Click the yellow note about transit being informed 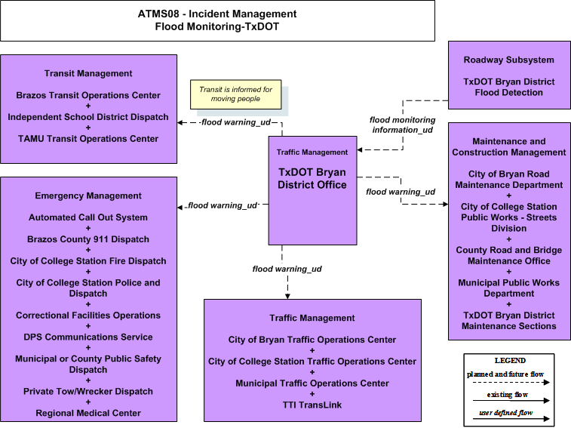(235, 94)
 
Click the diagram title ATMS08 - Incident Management (217, 14)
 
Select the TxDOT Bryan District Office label (312, 178)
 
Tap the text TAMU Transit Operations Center (88, 139)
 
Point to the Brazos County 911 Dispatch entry (88, 239)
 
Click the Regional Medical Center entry (88, 413)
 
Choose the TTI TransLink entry (312, 405)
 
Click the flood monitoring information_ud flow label (402, 125)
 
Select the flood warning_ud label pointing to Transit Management (236, 122)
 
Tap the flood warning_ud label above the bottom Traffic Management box (287, 269)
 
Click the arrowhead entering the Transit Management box (180, 122)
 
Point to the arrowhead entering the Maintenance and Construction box (445, 204)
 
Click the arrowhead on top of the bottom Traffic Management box (287, 297)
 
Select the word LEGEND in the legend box (510, 361)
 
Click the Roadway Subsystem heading (508, 60)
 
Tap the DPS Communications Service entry (88, 337)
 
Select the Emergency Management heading (88, 196)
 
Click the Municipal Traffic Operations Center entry (312, 383)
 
